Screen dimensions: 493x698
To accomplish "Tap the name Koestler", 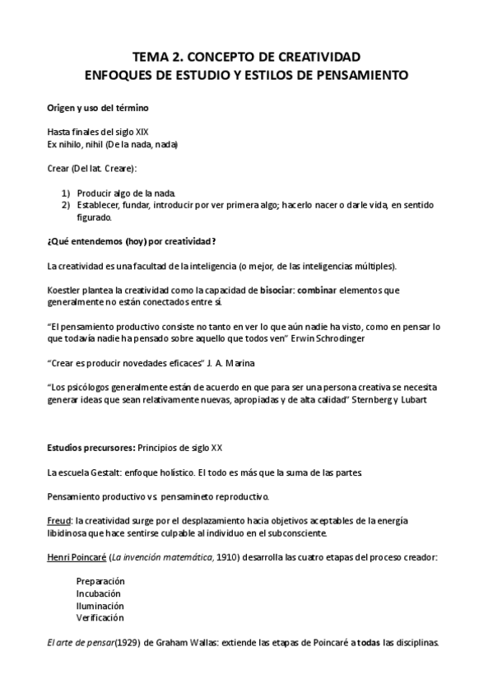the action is click(65, 291).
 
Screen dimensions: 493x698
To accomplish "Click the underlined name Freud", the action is click(59, 520).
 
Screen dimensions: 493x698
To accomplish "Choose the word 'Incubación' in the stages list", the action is click(99, 593).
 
